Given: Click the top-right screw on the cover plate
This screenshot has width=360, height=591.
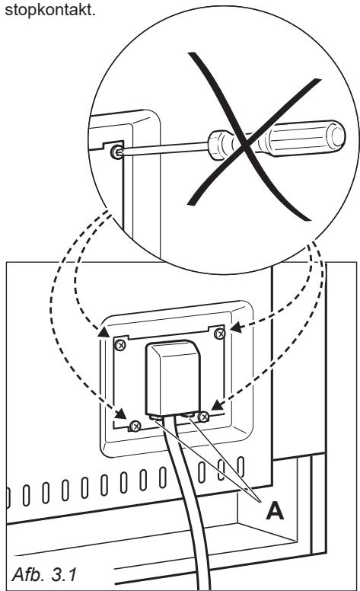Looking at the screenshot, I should [x=220, y=334].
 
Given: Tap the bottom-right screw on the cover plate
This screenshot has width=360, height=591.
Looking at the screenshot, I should [x=203, y=416].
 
